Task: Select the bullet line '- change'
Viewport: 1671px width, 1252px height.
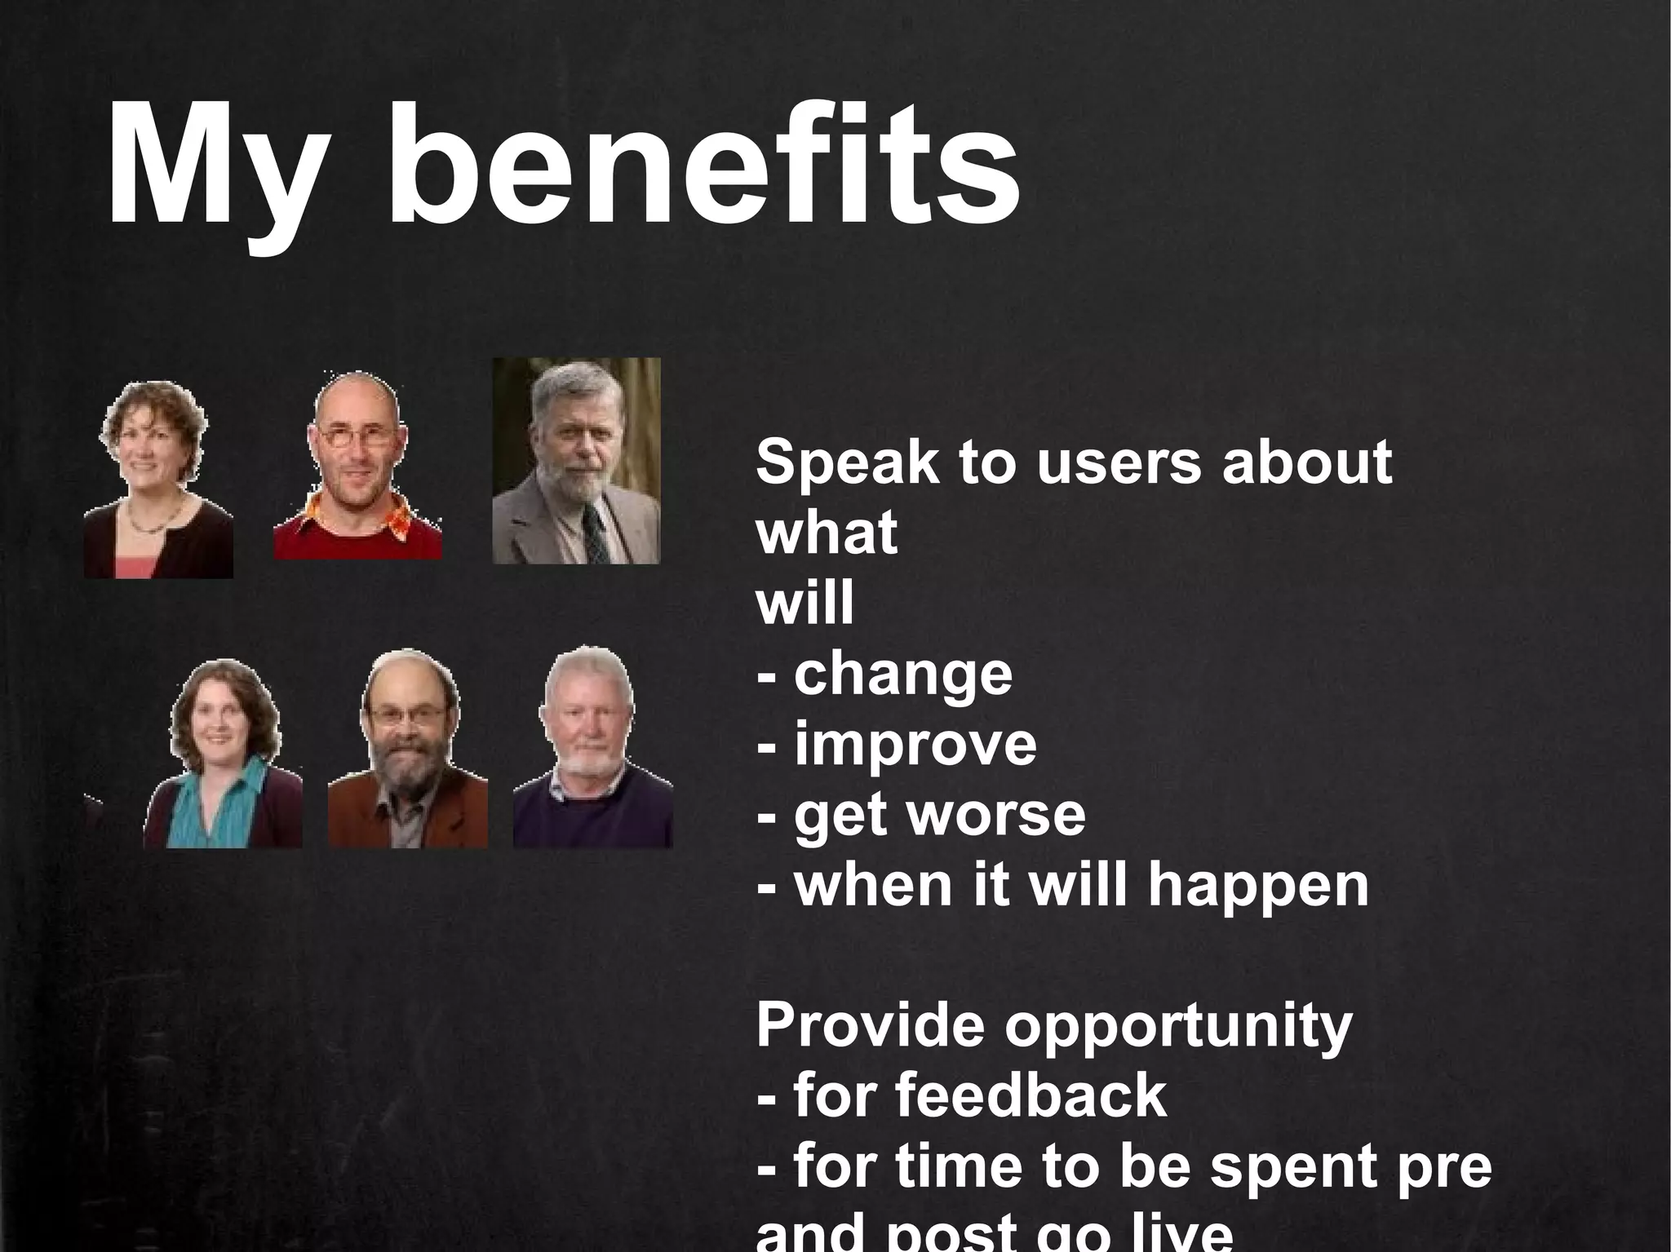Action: (x=884, y=675)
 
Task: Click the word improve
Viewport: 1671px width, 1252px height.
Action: (x=915, y=745)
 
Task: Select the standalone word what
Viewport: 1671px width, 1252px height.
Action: (x=826, y=533)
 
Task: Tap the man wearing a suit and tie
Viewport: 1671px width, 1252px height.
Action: (x=575, y=461)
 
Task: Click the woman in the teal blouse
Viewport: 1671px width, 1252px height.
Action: (x=222, y=754)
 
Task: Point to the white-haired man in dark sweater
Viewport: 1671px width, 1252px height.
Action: (x=592, y=746)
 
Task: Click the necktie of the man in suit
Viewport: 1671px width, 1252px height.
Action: (x=596, y=534)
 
